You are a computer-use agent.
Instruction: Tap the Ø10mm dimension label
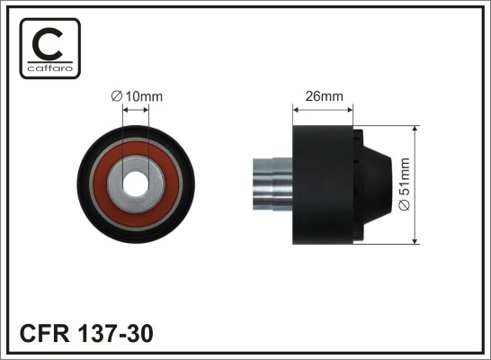pyautogui.click(x=138, y=95)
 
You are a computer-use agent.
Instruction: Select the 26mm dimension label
pyautogui.click(x=323, y=94)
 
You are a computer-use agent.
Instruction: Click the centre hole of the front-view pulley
pyautogui.click(x=137, y=182)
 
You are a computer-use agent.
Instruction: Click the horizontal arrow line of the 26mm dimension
pyautogui.click(x=323, y=108)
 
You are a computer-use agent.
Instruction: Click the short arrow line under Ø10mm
pyautogui.click(x=137, y=110)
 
